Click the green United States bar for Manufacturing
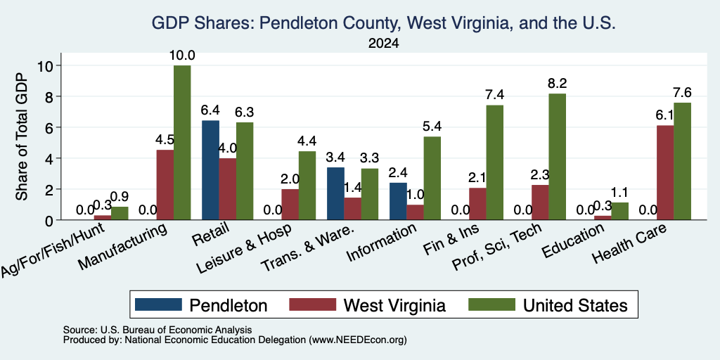[182, 142]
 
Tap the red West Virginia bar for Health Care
[665, 173]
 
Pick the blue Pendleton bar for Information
[398, 201]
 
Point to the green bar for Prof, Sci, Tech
[557, 157]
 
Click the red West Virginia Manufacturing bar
[165, 185]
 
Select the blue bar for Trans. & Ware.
[335, 193]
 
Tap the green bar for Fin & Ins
[494, 162]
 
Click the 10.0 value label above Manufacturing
[182, 56]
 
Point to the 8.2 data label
[558, 84]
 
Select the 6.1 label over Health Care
[665, 116]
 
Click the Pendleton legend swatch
[158, 304]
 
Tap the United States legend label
[575, 305]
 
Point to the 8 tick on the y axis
[50, 96]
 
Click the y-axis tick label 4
[50, 158]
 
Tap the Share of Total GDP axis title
[22, 136]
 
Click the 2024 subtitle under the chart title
[383, 44]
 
